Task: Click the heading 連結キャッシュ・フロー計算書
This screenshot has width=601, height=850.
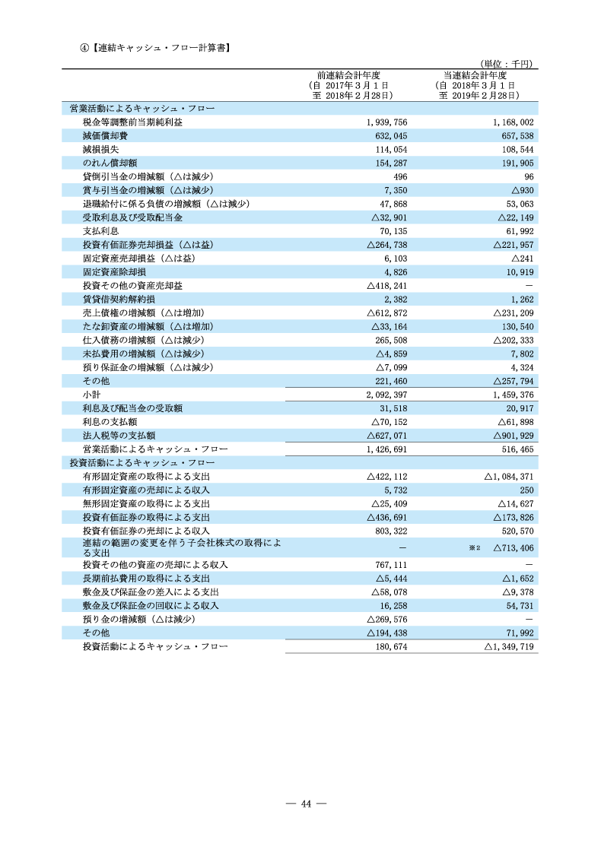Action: pos(160,47)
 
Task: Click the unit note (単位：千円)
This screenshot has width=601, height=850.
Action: pos(506,65)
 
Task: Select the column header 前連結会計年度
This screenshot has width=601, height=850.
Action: pos(348,75)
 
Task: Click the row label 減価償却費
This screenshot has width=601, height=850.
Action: pos(104,136)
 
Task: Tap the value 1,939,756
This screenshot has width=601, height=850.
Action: pos(386,122)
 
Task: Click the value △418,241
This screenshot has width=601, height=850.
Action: pos(386,286)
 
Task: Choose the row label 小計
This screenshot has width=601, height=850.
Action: pos(91,395)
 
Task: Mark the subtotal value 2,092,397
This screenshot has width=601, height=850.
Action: pos(386,395)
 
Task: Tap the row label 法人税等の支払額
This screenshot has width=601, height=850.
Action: pos(119,436)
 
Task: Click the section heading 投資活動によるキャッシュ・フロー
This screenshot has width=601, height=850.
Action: pos(142,462)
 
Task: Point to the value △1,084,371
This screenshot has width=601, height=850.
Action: pos(509,477)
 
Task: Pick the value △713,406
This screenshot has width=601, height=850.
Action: pos(513,547)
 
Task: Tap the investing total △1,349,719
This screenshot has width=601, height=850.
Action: pos(509,647)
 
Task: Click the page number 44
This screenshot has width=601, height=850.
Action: pos(306,804)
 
